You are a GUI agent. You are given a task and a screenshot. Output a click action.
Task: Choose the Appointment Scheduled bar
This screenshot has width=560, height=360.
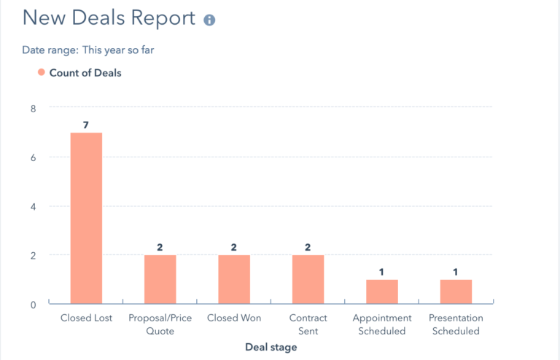[x=382, y=291]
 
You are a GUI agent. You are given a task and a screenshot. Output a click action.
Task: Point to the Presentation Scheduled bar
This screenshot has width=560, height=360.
[x=456, y=291]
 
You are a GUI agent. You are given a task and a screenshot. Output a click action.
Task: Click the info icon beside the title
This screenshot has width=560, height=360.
[x=209, y=20]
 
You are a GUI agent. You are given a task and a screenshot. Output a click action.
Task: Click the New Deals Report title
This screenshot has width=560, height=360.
[x=109, y=18]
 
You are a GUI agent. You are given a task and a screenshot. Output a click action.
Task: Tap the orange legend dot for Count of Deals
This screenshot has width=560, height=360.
[x=42, y=72]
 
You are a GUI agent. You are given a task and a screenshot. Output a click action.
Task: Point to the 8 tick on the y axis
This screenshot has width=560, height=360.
[x=32, y=108]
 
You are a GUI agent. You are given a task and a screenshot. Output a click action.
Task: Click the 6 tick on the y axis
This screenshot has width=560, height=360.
[x=32, y=157]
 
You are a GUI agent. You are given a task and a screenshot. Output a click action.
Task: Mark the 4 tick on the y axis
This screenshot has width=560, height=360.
[x=32, y=206]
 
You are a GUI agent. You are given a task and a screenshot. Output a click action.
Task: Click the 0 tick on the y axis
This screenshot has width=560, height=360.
[x=32, y=305]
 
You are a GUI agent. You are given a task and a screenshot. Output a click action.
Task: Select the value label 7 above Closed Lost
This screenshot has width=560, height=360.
[x=86, y=125]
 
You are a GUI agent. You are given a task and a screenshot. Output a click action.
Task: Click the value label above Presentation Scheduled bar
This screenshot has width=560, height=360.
[x=456, y=273]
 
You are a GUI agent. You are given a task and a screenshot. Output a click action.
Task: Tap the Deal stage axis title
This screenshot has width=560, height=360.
[x=271, y=348]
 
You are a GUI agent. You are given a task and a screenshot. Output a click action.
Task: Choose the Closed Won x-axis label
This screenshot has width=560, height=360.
[x=234, y=318]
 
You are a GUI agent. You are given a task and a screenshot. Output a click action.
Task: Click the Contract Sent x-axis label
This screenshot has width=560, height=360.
[x=308, y=324]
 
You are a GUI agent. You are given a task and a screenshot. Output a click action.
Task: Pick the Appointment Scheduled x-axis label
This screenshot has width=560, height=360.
[x=382, y=324]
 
